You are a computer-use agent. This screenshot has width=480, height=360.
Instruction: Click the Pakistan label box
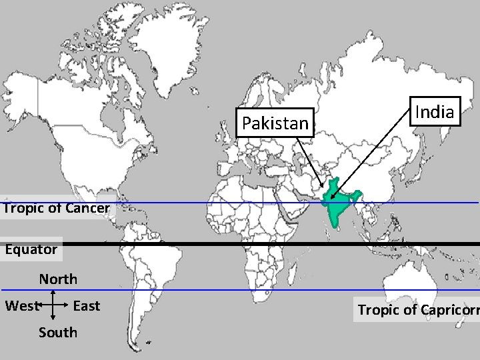click(x=276, y=123)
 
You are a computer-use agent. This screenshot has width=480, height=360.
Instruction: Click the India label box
click(x=435, y=111)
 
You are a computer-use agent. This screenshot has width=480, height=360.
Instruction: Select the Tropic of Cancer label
click(x=56, y=208)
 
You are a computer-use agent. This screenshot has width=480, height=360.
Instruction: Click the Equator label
click(x=31, y=249)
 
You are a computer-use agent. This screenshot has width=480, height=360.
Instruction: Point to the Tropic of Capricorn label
click(x=417, y=309)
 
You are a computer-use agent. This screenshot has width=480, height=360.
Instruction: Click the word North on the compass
click(x=58, y=279)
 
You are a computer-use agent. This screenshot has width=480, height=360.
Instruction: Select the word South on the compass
click(x=58, y=332)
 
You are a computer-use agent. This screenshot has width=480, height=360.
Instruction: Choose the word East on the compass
click(x=86, y=306)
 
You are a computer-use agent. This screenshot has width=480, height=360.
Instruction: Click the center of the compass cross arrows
click(x=53, y=306)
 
